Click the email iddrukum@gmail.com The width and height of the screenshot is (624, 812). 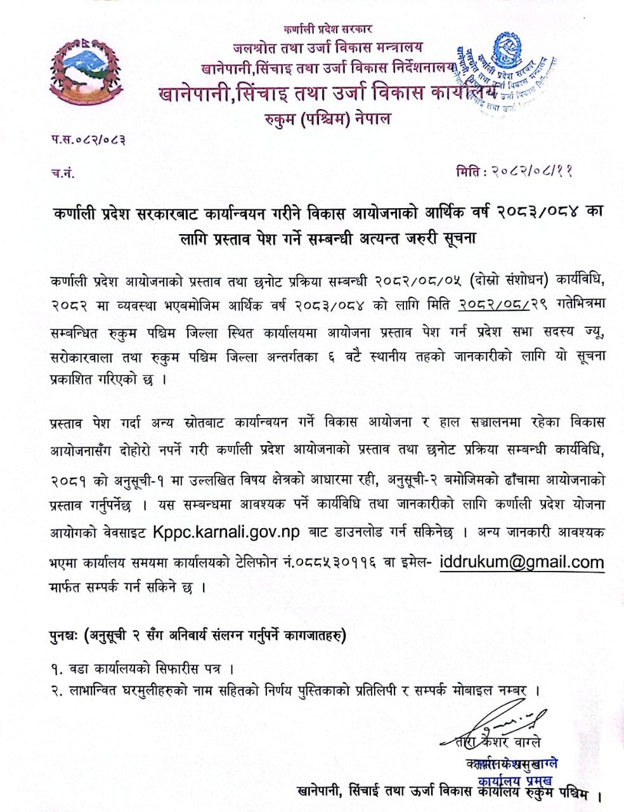[521, 562]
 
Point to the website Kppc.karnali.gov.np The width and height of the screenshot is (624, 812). [226, 532]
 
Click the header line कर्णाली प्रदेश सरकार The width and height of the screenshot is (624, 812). [328, 29]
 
